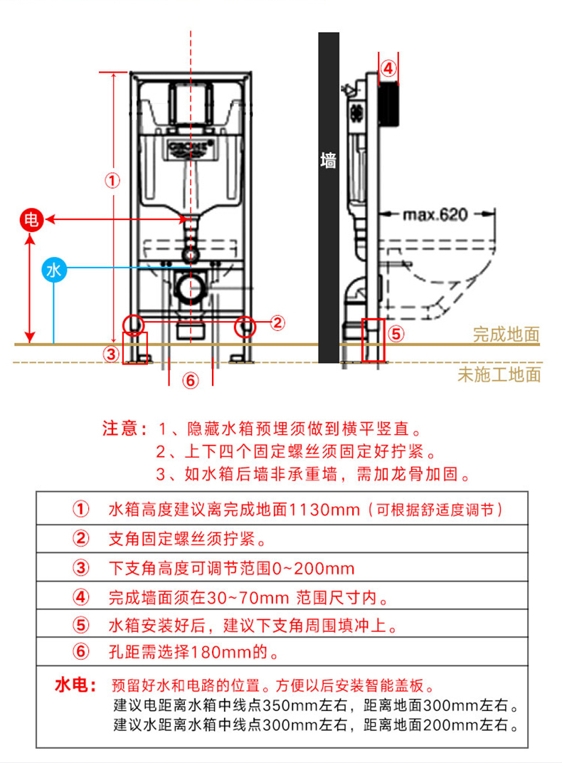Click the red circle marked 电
point(31,220)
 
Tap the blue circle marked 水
point(53,269)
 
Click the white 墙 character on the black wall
point(328,160)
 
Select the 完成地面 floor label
point(506,335)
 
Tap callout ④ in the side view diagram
point(388,68)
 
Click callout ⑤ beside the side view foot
point(397,333)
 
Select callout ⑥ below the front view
point(190,380)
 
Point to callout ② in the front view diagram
point(277,322)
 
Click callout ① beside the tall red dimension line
point(113,180)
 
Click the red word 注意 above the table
point(123,429)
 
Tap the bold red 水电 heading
point(75,685)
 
